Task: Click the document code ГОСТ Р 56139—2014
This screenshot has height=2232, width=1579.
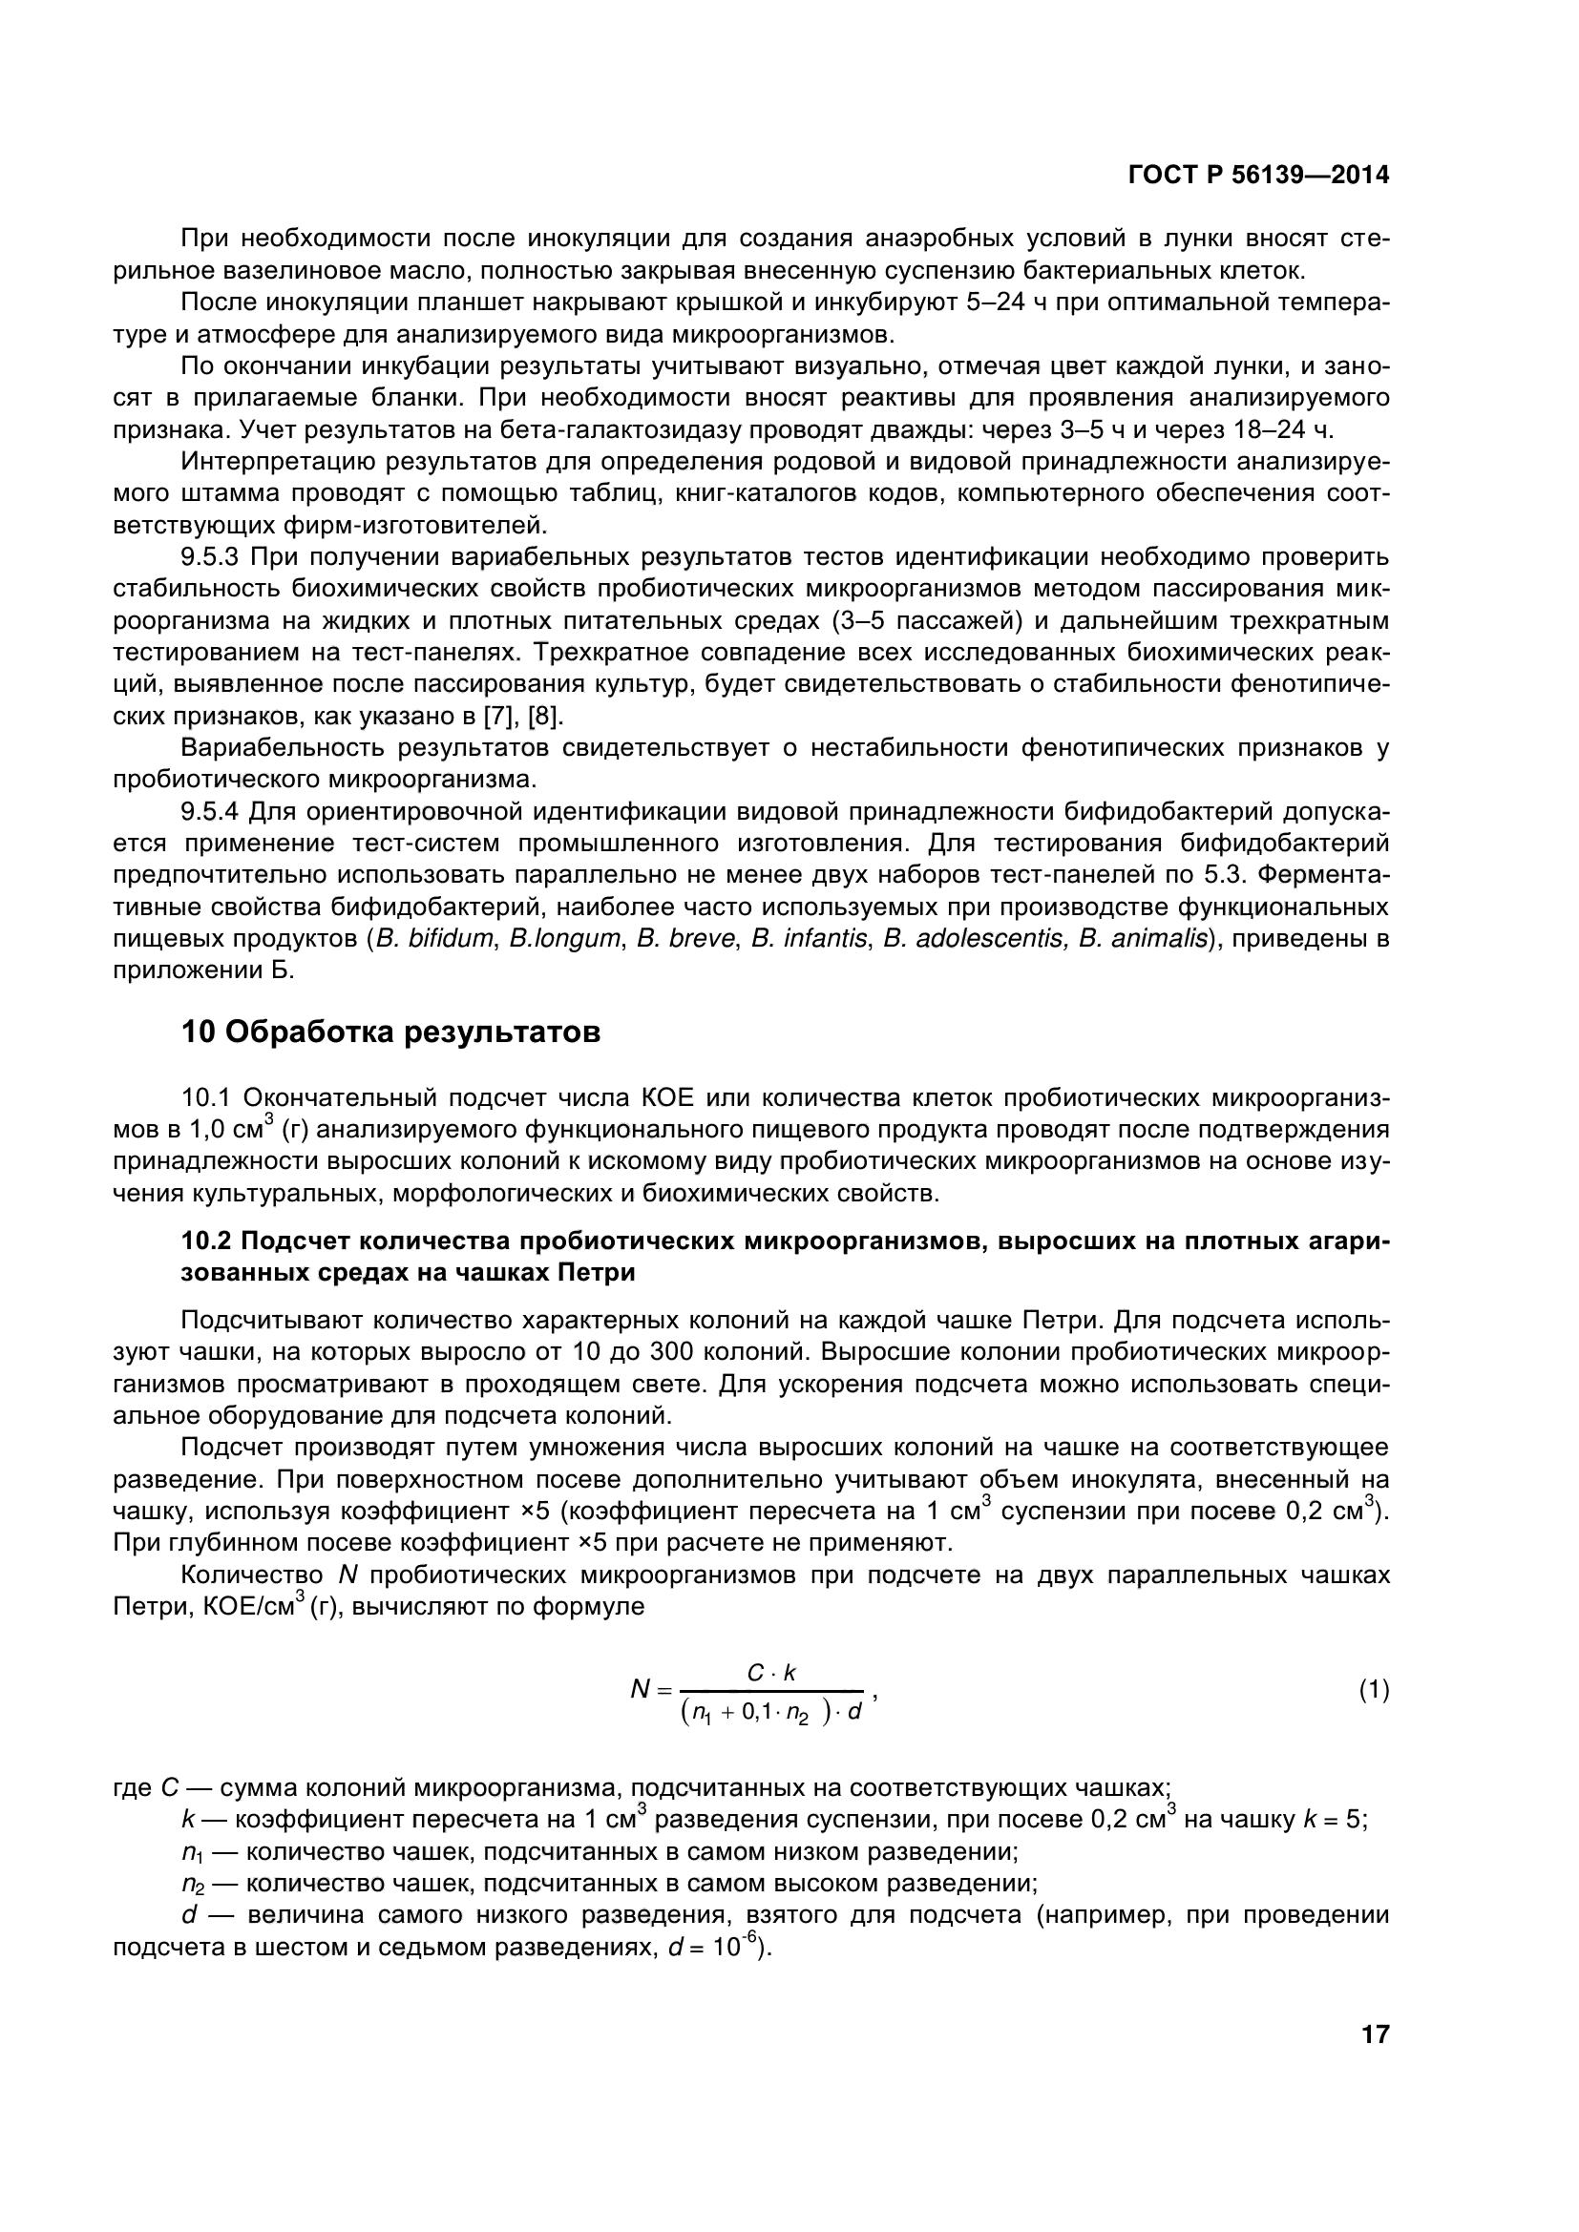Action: coord(1258,175)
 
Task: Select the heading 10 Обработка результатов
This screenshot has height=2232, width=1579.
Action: coord(390,1032)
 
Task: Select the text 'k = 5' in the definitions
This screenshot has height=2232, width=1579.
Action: coord(1333,1820)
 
